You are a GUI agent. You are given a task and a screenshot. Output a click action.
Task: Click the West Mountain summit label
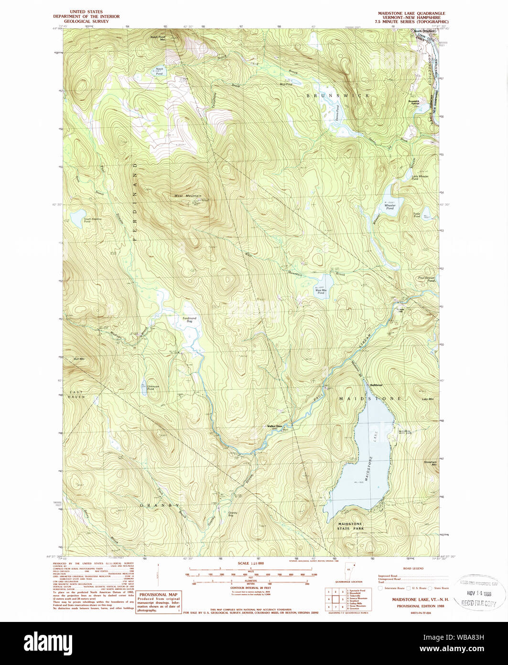coord(188,196)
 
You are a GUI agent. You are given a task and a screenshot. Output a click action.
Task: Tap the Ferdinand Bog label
coord(189,320)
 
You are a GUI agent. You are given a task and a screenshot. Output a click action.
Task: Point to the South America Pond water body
coord(78,218)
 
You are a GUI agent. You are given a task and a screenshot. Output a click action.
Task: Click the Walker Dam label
coord(275,426)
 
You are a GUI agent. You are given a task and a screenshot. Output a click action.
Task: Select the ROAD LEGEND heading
coord(413,568)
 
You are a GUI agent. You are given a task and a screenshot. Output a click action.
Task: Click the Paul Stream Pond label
coord(426,279)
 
